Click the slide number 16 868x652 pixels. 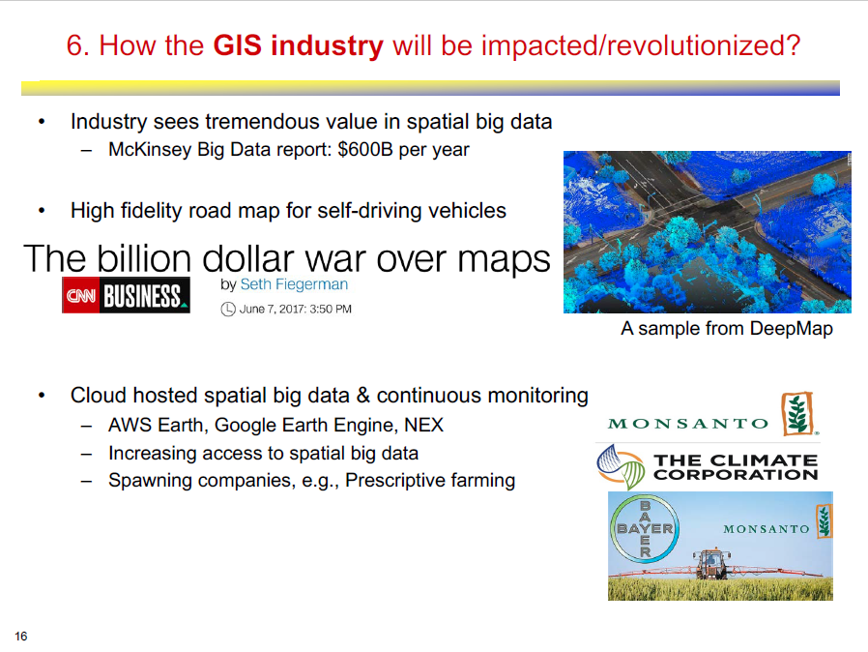click(x=21, y=636)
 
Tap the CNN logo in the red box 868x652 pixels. click(x=81, y=296)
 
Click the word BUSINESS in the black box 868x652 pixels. click(x=143, y=296)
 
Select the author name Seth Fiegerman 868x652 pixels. click(x=294, y=284)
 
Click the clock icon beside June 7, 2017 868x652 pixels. click(x=228, y=310)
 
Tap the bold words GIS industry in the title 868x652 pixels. click(x=298, y=45)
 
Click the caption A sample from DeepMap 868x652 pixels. click(x=726, y=329)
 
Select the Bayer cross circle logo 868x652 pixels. click(x=645, y=528)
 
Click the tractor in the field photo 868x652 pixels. click(x=711, y=563)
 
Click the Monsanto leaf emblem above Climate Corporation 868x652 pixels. click(x=797, y=414)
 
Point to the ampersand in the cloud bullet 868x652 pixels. click(x=363, y=396)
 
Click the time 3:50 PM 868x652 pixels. click(x=331, y=310)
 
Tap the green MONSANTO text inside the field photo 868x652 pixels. click(x=767, y=529)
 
